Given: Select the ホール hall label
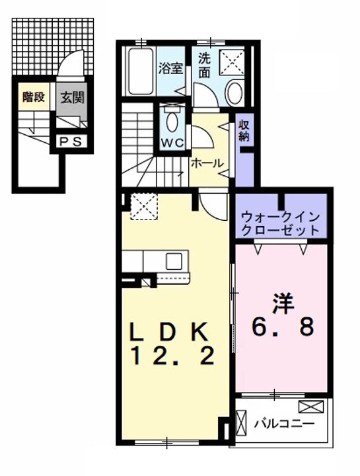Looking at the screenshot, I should point(207,163).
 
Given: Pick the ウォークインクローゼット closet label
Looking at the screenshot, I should point(281,223).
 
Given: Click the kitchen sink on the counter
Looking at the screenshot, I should point(174,260).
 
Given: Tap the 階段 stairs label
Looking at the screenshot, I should point(32,98).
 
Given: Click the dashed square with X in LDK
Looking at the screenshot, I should point(142,206).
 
